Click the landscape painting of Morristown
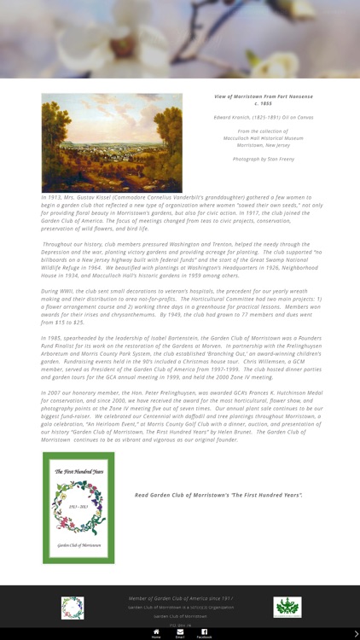click(112, 142)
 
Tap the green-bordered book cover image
click(78, 508)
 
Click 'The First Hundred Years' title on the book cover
click(78, 471)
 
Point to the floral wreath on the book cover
click(78, 508)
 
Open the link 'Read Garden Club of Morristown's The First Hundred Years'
click(218, 495)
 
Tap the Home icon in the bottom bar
click(156, 632)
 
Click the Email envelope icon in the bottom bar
click(180, 632)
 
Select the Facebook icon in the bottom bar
click(205, 632)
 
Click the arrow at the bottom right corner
click(356, 634)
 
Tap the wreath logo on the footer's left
click(73, 608)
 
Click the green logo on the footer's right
click(287, 607)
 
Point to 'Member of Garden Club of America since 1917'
click(180, 599)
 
